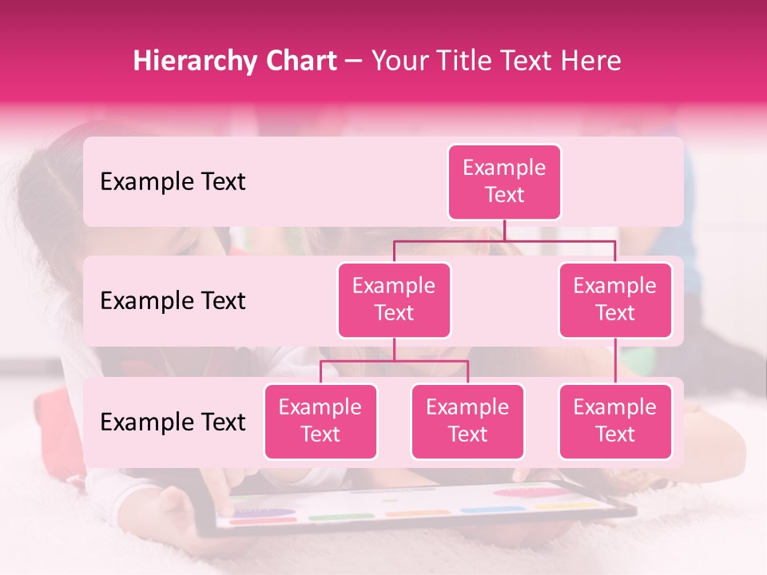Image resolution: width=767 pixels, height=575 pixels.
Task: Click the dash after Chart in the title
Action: (353, 62)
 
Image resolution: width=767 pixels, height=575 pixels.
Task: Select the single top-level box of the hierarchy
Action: (504, 182)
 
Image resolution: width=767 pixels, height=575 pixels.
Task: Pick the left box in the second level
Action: (394, 300)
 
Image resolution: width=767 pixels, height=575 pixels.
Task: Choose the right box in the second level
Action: (615, 300)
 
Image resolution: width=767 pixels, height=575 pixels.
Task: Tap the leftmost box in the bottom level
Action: (320, 422)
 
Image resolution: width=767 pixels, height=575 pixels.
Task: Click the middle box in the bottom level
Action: (467, 422)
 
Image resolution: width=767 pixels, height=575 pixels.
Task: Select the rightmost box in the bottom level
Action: (615, 422)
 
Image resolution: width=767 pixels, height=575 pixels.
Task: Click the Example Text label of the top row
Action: (173, 182)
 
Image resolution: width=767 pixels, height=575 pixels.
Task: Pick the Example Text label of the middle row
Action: (173, 301)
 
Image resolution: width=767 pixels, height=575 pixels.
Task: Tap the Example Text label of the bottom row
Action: (173, 422)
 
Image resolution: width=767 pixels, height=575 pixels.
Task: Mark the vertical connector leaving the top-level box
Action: (504, 230)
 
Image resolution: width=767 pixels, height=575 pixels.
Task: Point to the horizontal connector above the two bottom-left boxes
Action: (394, 361)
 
